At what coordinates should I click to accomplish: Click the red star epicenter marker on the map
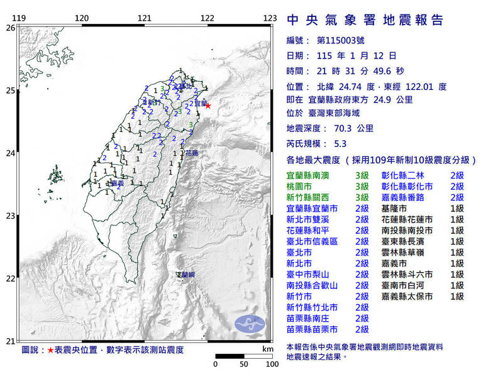[207, 106]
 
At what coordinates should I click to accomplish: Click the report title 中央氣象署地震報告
[365, 21]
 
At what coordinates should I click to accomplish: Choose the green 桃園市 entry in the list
[300, 187]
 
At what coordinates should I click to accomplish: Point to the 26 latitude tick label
[10, 28]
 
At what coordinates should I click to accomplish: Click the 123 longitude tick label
[270, 18]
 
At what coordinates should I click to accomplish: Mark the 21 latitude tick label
[10, 341]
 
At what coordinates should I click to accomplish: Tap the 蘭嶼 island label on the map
[186, 275]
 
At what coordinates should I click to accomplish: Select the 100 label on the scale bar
[272, 364]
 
